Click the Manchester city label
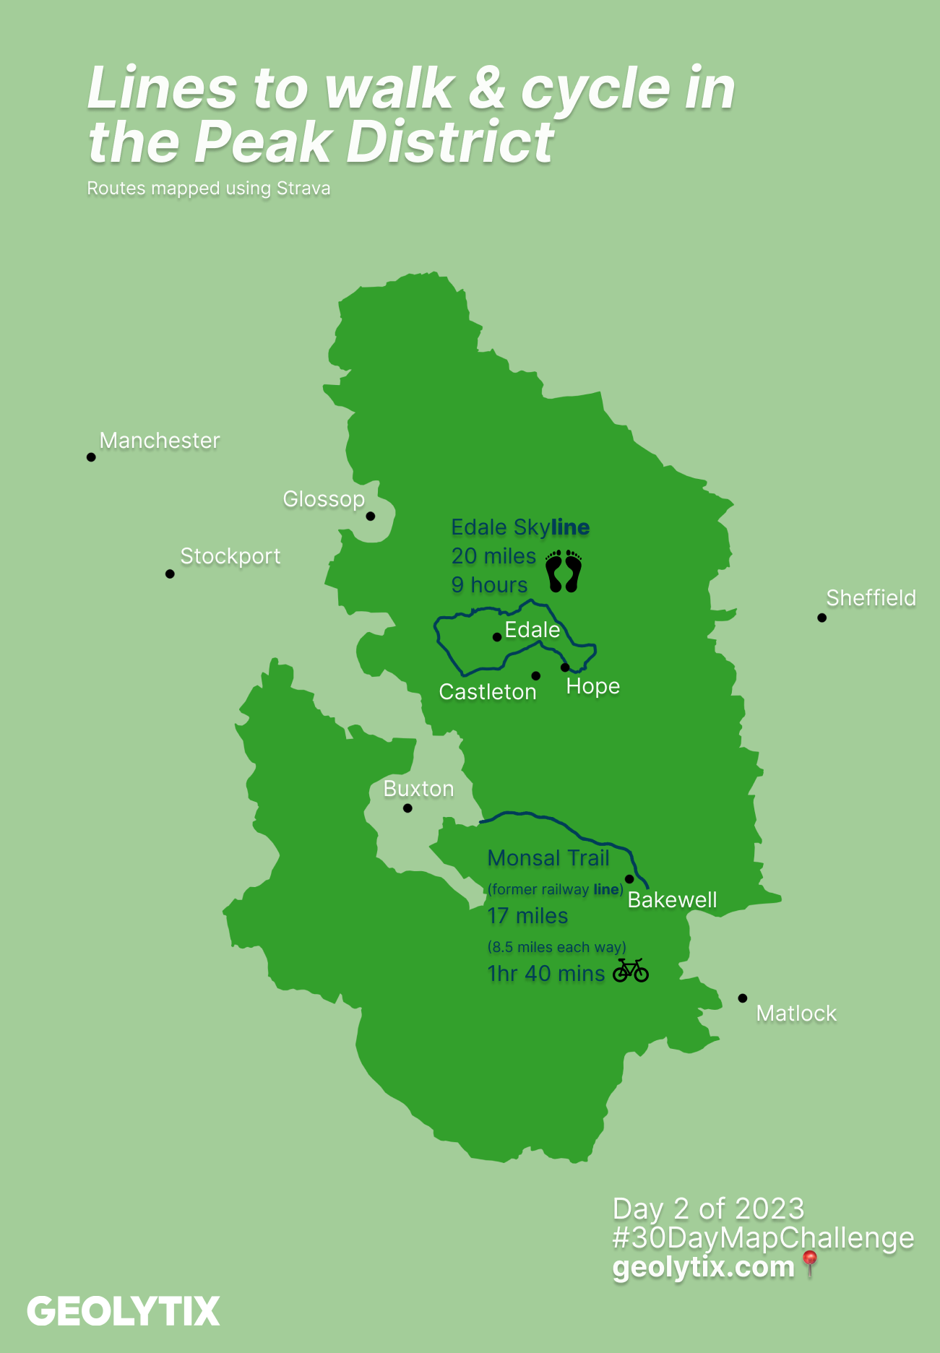click(x=159, y=441)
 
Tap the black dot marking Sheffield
click(x=822, y=618)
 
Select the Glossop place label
click(x=323, y=499)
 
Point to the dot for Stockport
click(x=170, y=574)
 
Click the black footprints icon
click(x=564, y=571)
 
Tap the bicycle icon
click(x=631, y=971)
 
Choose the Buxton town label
click(x=418, y=789)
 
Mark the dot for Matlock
click(x=743, y=998)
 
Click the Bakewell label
click(x=672, y=900)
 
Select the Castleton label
click(x=488, y=692)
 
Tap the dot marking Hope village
click(x=565, y=667)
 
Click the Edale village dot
click(x=497, y=637)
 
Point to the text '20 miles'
click(x=493, y=556)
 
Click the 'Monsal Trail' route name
click(x=548, y=858)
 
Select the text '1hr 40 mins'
click(x=546, y=974)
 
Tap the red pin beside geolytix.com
click(x=810, y=1264)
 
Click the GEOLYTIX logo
click(x=124, y=1312)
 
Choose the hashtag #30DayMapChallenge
click(x=763, y=1238)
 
